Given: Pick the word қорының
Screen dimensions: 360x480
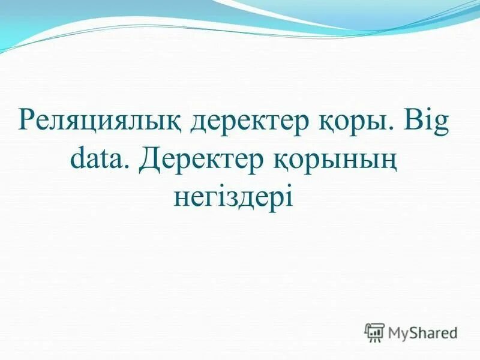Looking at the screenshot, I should pos(337,161).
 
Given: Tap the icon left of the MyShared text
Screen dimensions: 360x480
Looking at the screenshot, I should pos(375,332).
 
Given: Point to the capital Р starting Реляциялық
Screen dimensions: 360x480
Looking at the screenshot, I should pos(27,121).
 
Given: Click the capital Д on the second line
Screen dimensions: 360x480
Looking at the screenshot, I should pos(152,160).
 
